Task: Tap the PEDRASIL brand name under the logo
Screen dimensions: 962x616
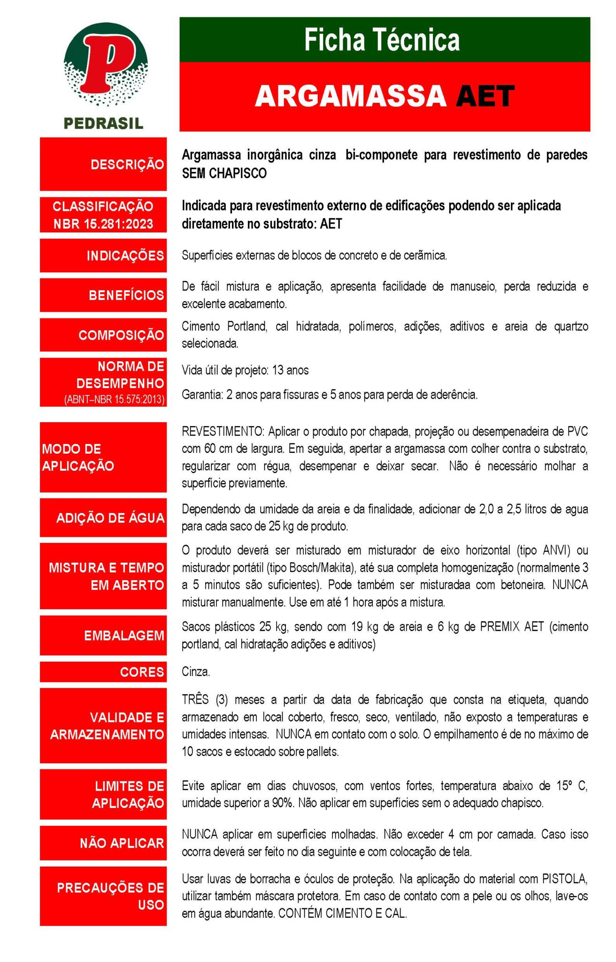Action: tap(103, 124)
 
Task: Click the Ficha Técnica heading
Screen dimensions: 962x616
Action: tap(382, 40)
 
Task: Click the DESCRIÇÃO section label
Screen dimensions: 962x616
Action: tap(127, 164)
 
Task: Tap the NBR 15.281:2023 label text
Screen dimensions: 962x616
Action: tap(103, 224)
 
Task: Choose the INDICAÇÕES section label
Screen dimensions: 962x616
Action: tap(125, 256)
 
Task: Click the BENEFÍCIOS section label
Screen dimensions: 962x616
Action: tap(126, 295)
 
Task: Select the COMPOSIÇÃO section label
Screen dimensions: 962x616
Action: tap(121, 335)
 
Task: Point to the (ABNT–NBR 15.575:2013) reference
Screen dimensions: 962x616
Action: tap(114, 400)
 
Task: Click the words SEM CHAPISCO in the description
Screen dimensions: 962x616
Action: tap(224, 173)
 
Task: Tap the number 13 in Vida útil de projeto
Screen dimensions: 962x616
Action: tap(278, 370)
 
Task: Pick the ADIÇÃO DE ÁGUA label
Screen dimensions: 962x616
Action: tap(110, 518)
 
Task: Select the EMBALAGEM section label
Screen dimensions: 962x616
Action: tap(124, 636)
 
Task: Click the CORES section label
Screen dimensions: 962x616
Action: tap(142, 672)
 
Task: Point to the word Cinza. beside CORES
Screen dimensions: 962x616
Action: tap(196, 672)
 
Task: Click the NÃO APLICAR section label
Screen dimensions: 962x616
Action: tap(122, 843)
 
